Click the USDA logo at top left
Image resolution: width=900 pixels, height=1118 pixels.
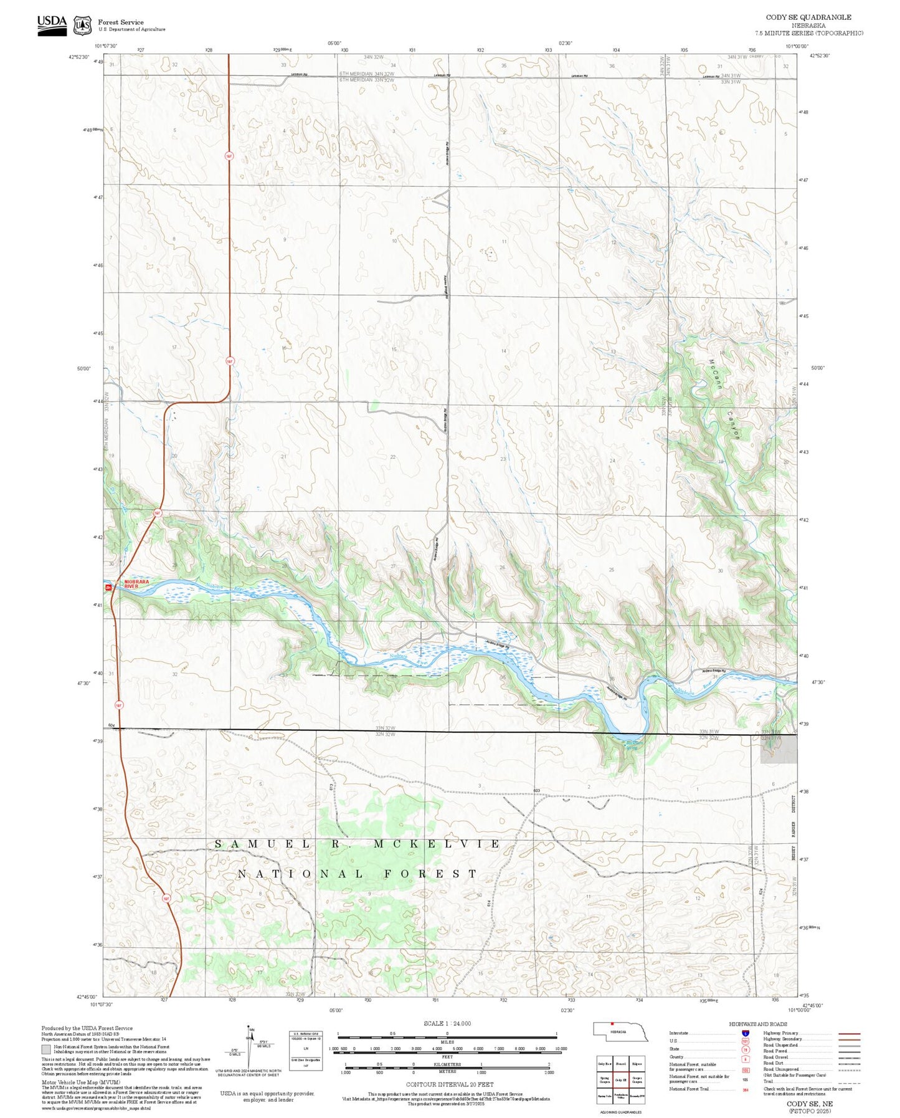pyautogui.click(x=52, y=25)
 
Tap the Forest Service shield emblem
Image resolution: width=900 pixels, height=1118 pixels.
pyautogui.click(x=82, y=26)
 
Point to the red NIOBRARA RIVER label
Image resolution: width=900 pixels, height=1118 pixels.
pyautogui.click(x=136, y=584)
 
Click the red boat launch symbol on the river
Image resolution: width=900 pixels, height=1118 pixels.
pyautogui.click(x=108, y=587)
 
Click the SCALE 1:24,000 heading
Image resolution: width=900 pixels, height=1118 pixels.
pyautogui.click(x=447, y=1023)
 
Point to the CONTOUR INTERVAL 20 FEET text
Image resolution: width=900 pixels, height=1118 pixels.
pyautogui.click(x=447, y=1084)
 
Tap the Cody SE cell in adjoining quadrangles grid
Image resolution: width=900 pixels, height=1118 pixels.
pyautogui.click(x=620, y=1079)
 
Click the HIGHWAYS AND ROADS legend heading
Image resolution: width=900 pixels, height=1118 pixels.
pyautogui.click(x=758, y=1024)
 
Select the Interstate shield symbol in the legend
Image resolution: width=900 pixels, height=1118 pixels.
pyautogui.click(x=745, y=1033)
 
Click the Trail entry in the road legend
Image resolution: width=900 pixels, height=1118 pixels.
pyautogui.click(x=769, y=1081)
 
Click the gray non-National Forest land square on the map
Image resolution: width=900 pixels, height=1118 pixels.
pyautogui.click(x=778, y=748)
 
